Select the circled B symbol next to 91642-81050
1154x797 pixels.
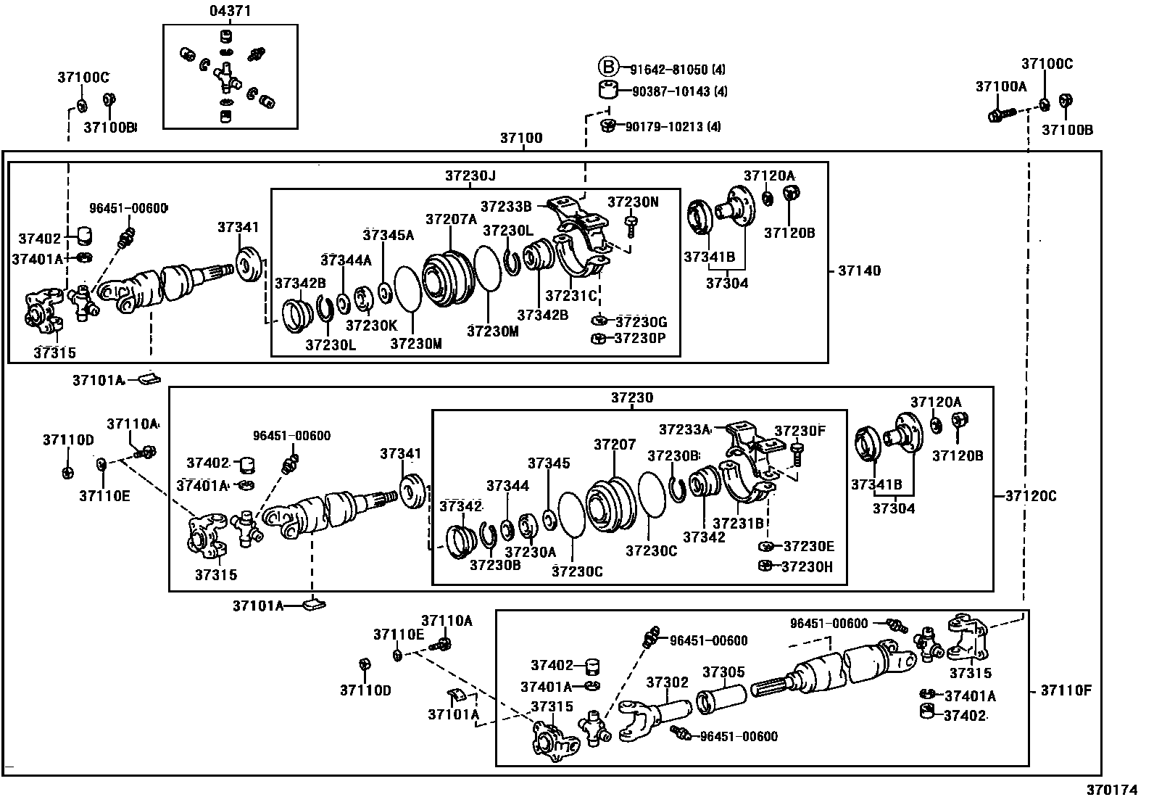607,68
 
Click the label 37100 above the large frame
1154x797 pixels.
521,138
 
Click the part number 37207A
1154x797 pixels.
451,218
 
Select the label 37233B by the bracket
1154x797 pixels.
506,206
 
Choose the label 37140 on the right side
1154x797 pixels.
860,271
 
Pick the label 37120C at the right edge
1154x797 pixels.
1031,496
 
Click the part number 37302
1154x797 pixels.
667,682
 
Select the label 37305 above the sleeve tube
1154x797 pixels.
723,672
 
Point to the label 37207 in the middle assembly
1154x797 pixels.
615,444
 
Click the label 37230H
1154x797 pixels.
808,566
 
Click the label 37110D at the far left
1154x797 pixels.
68,439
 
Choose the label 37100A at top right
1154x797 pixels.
1000,86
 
